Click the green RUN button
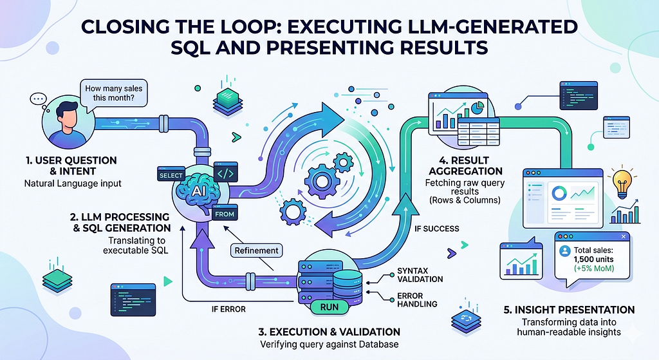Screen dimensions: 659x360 click(x=329, y=307)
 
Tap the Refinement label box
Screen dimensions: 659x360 click(x=256, y=251)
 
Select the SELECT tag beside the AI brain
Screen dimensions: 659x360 click(x=171, y=175)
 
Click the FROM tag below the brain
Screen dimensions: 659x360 click(x=225, y=214)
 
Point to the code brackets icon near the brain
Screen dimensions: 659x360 click(x=226, y=173)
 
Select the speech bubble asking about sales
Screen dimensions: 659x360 click(x=113, y=93)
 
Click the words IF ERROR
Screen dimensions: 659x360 click(x=228, y=309)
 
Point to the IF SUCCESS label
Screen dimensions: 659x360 click(x=437, y=229)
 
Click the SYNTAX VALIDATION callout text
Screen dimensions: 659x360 click(x=420, y=275)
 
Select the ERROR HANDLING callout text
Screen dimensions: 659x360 click(x=417, y=300)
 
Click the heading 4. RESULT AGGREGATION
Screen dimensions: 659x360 click(x=465, y=166)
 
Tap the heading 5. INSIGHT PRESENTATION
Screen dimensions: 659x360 click(x=569, y=310)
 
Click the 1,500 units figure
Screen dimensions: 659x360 click(x=593, y=259)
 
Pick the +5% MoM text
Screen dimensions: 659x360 click(x=594, y=269)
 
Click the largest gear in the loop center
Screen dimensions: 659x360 click(x=322, y=181)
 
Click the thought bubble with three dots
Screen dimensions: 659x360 click(x=39, y=99)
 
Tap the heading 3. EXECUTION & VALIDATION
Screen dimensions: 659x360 click(x=329, y=332)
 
